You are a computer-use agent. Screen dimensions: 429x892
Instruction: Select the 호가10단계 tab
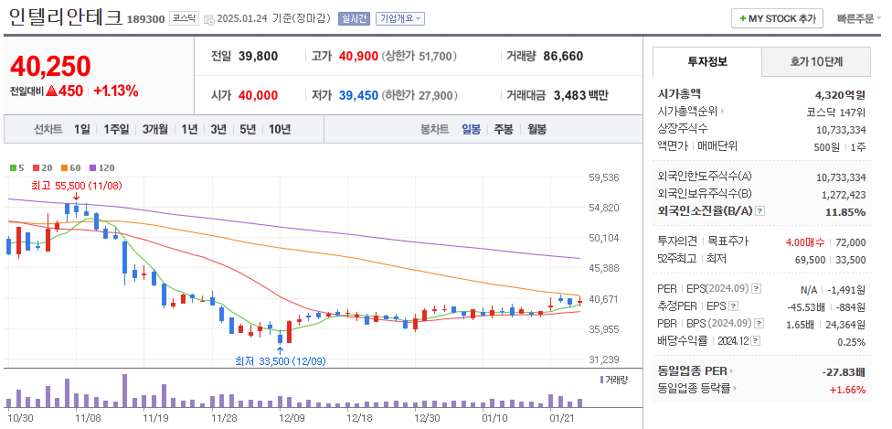coord(816,61)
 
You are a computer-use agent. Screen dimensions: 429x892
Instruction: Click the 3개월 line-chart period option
coord(154,129)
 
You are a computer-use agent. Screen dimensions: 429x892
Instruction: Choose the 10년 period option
coord(279,129)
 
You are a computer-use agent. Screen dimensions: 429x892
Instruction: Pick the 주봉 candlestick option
coord(504,129)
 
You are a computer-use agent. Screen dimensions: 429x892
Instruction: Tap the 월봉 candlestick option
coord(536,129)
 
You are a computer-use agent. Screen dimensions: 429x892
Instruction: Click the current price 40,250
coord(50,66)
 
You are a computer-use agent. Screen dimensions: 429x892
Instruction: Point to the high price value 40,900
coord(358,56)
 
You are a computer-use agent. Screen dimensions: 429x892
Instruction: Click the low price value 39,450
coord(358,95)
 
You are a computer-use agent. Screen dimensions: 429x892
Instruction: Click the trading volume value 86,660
coord(563,56)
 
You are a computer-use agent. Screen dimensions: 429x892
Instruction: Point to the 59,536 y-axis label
coord(604,177)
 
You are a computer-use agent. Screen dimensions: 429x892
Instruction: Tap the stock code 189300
coord(145,19)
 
